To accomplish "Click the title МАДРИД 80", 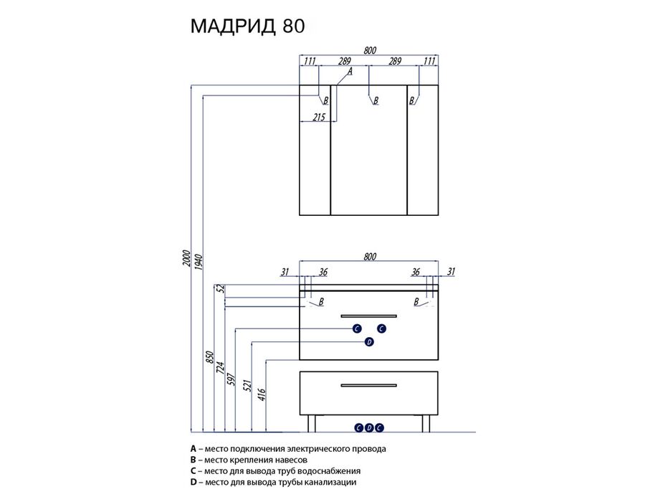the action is [x=248, y=26].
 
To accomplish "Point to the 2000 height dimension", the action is [x=186, y=258].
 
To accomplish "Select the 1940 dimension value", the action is [x=198, y=262].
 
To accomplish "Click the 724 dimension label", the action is [x=220, y=367].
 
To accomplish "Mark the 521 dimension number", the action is [x=248, y=386].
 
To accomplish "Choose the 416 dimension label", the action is [x=262, y=394].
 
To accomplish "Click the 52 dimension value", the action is [x=221, y=288].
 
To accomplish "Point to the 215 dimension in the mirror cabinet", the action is [x=319, y=118].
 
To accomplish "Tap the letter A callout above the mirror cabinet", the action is [x=350, y=72].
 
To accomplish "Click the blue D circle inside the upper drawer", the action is [x=369, y=342].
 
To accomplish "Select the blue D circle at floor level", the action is [x=369, y=428].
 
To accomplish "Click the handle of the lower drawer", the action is [x=369, y=386].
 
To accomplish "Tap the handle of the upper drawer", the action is [x=369, y=316].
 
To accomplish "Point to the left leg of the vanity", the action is [x=312, y=424].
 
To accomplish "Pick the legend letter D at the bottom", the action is [x=193, y=482].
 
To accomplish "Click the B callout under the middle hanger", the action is [x=376, y=100].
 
